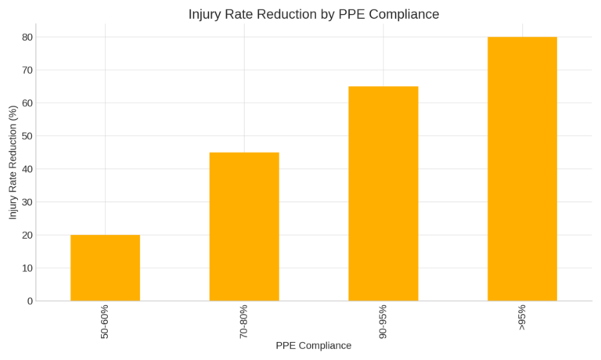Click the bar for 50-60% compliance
(x=105, y=268)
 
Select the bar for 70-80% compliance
(x=244, y=226)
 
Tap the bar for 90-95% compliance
(x=383, y=193)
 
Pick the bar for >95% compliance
(x=522, y=168)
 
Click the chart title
(x=314, y=14)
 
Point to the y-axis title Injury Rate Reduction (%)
(x=13, y=162)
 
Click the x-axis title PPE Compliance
(x=313, y=345)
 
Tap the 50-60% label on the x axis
(x=105, y=322)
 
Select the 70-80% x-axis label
(x=244, y=322)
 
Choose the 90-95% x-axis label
(x=383, y=322)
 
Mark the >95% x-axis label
(x=522, y=317)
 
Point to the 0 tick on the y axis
(x=31, y=301)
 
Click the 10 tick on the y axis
(x=27, y=268)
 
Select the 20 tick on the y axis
(x=27, y=235)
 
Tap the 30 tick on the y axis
(x=27, y=202)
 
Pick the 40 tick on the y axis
(x=27, y=169)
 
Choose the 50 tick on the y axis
(x=27, y=136)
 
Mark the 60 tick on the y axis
(x=27, y=103)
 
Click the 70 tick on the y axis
(x=27, y=70)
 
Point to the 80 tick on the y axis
(x=27, y=37)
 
